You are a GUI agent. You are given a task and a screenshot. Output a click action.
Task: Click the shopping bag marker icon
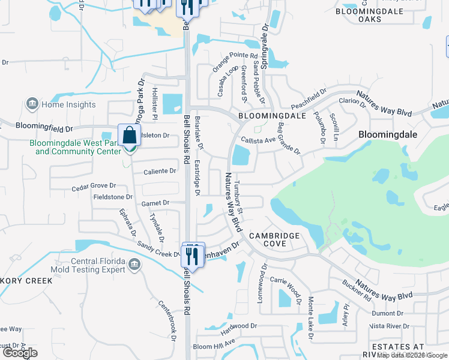click(130, 136)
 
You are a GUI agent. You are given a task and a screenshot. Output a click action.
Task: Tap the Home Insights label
click(68, 104)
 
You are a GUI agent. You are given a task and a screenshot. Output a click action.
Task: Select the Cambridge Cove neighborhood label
click(274, 236)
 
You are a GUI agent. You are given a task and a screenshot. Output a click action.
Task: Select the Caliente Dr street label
click(159, 171)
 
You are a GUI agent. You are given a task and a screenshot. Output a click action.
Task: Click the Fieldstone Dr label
click(112, 197)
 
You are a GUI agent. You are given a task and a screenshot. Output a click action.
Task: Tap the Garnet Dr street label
click(155, 203)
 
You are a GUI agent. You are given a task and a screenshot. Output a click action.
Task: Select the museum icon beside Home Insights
click(32, 104)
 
